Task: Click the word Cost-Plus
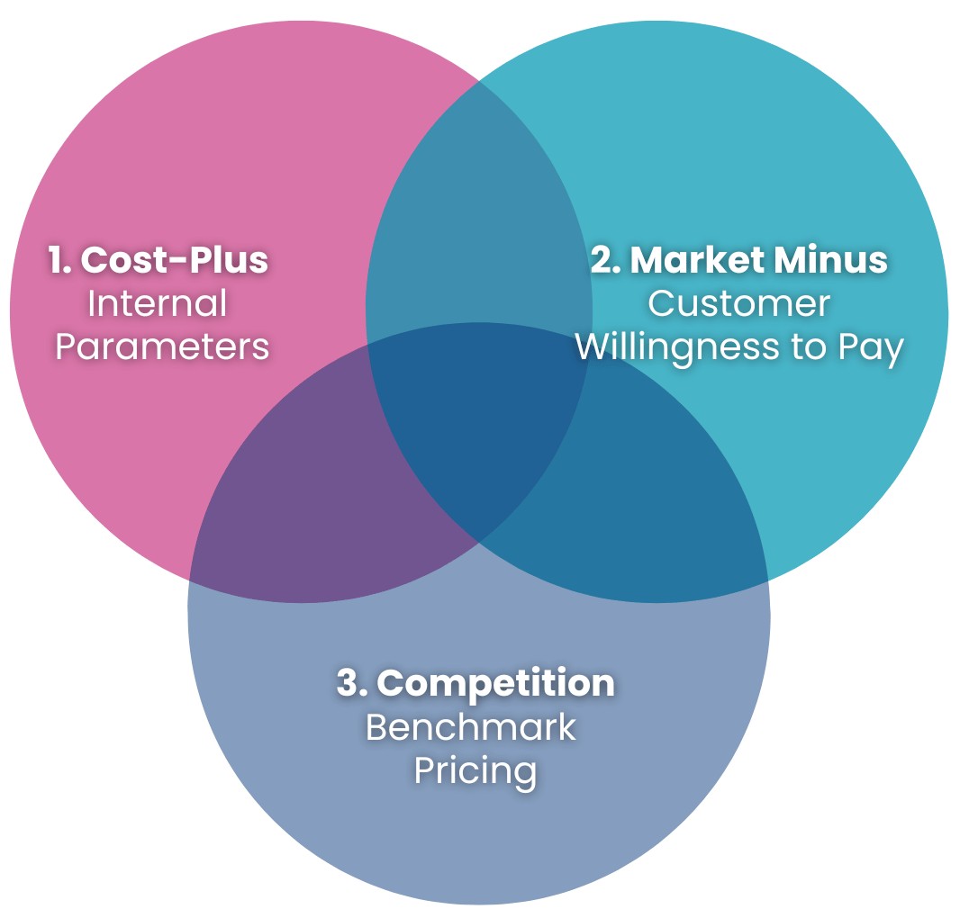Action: [175, 260]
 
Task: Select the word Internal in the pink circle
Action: [157, 303]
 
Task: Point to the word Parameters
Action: [162, 346]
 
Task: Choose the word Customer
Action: [738, 303]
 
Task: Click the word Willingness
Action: [678, 347]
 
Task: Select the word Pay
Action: [869, 347]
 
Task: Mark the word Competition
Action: [496, 683]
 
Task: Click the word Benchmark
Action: [471, 727]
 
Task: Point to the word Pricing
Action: [475, 771]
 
